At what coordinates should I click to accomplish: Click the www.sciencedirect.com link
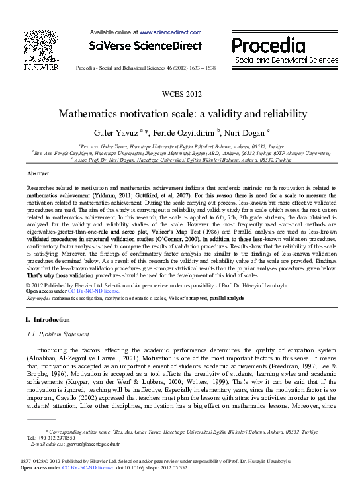coord(170,32)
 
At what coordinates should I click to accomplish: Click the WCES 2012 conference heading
coord(179,95)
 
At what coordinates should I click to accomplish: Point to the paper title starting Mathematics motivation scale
coord(179,113)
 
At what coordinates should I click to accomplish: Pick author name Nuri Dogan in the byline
coord(226,132)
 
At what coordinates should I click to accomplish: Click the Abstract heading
coord(37,173)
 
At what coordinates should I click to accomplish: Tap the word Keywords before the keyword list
coord(38,298)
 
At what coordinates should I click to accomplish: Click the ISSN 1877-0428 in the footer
coord(34,461)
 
